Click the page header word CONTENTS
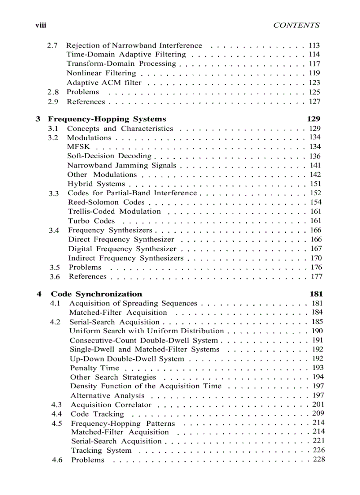point(296,26)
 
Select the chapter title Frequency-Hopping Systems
point(107,119)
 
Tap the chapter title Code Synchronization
point(97,294)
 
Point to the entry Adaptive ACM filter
point(104,82)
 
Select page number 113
point(314,45)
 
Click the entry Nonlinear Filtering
point(101,73)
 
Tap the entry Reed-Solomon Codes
point(106,202)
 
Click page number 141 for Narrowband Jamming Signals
point(315,165)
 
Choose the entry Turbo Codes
point(91,221)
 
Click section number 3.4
point(54,231)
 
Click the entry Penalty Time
point(94,368)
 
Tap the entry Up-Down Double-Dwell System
point(127,359)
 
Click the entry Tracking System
point(101,450)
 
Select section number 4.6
point(57,460)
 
